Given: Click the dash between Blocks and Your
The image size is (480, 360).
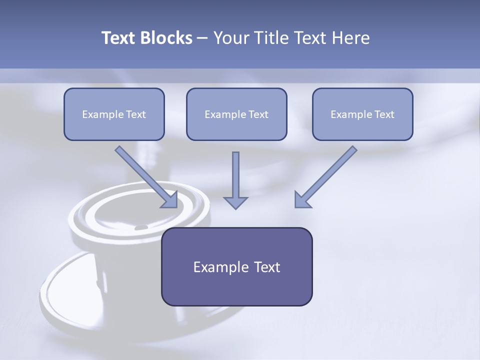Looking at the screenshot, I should (202, 38).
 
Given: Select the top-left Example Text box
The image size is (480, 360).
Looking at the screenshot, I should (114, 114).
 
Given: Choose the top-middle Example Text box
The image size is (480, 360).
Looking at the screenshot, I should (236, 114).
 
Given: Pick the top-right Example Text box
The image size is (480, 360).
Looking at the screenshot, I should (362, 114).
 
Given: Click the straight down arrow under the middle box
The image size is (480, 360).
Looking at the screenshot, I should (235, 177).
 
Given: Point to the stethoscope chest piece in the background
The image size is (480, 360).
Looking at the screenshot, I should (125, 250).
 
